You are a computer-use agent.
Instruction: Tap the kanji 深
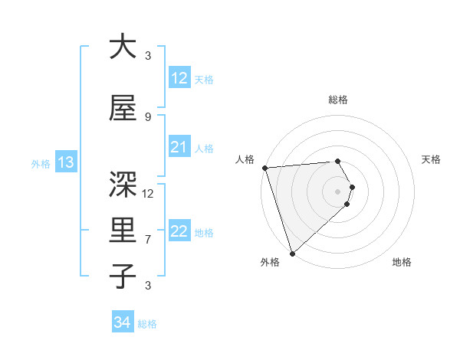[x=123, y=184]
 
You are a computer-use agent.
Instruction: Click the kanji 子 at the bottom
[x=123, y=276]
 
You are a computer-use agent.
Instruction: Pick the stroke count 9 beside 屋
[x=148, y=117]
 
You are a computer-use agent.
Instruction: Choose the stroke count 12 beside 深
[x=148, y=194]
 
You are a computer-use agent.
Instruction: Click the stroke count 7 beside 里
[x=148, y=240]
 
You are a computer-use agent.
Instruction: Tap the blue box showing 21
[x=179, y=147]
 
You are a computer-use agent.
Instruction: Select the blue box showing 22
[x=179, y=232]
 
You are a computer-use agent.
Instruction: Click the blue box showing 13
[x=65, y=162]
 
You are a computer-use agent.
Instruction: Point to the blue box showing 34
[x=122, y=322]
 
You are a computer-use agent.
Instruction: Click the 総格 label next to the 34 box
[x=147, y=324]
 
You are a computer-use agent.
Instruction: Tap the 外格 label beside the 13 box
[x=41, y=163]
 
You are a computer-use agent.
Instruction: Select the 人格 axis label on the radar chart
[x=245, y=159]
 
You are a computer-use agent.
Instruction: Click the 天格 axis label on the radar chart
[x=432, y=159]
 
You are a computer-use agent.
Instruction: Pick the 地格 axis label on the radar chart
[x=402, y=263]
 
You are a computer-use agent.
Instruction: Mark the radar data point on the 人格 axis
[x=264, y=168]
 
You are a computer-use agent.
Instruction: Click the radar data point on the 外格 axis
[x=292, y=252]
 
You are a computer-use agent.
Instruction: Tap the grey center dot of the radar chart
[x=337, y=191]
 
